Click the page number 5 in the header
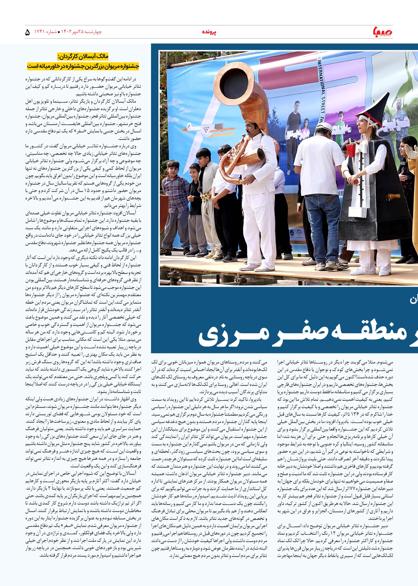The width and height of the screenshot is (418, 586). coord(28,33)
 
